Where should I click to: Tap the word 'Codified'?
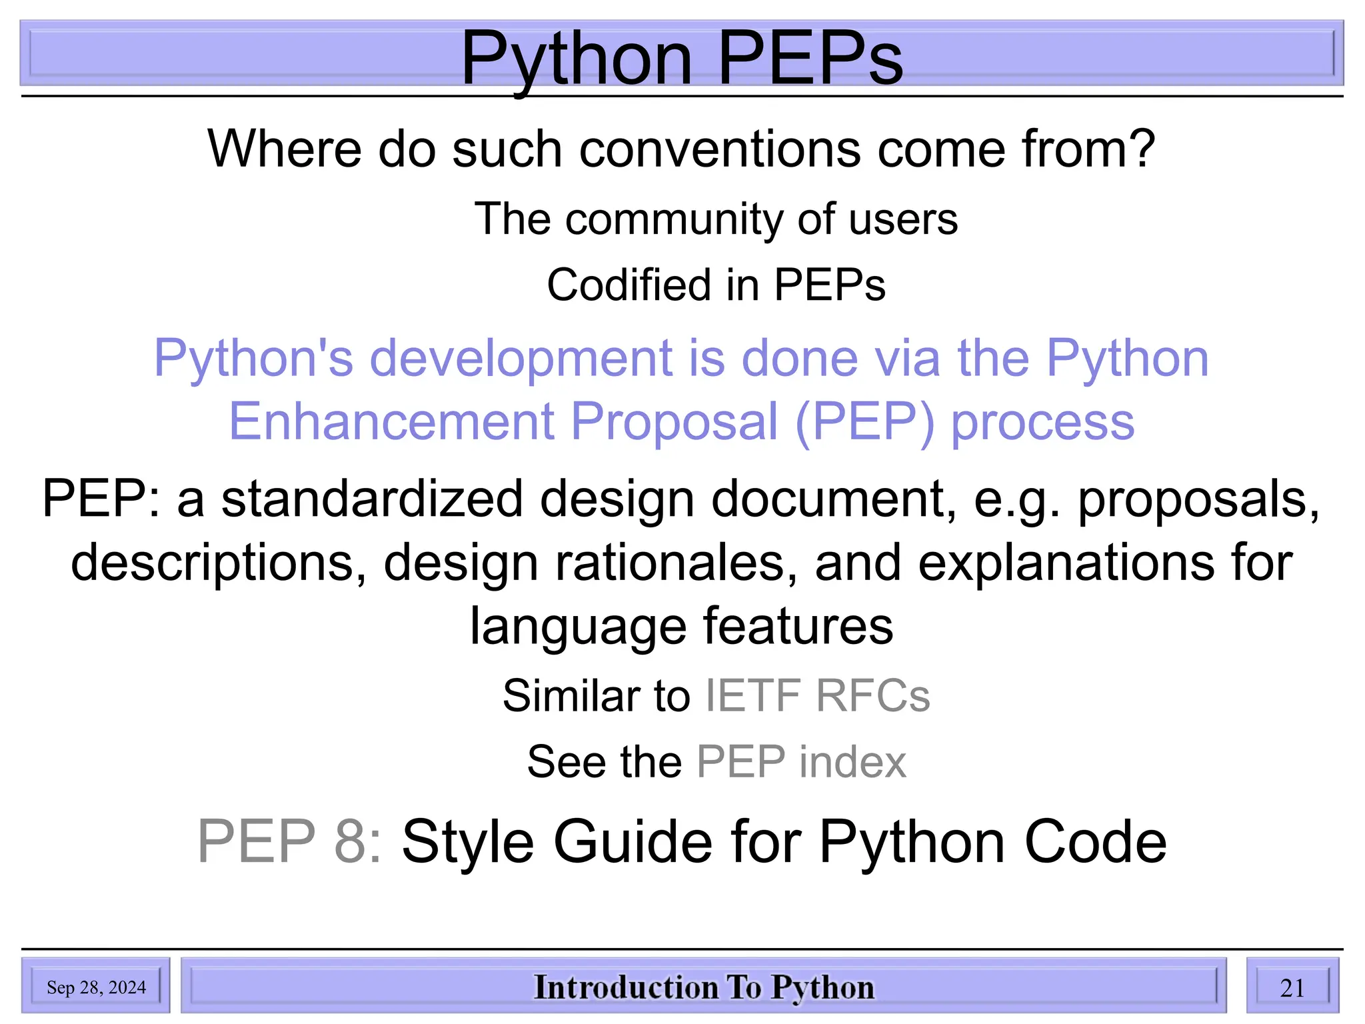pyautogui.click(x=628, y=285)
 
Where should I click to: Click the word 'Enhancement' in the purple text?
pyautogui.click(x=392, y=422)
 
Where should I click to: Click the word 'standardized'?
pyautogui.click(x=372, y=499)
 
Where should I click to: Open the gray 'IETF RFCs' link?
pyautogui.click(x=817, y=696)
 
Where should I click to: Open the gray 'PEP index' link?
pyautogui.click(x=801, y=762)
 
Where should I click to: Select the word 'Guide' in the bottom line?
pyautogui.click(x=633, y=842)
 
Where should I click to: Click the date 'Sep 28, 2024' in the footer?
pyautogui.click(x=96, y=987)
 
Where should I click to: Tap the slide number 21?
pyautogui.click(x=1292, y=987)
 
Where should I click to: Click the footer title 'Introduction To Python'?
pyautogui.click(x=704, y=987)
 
